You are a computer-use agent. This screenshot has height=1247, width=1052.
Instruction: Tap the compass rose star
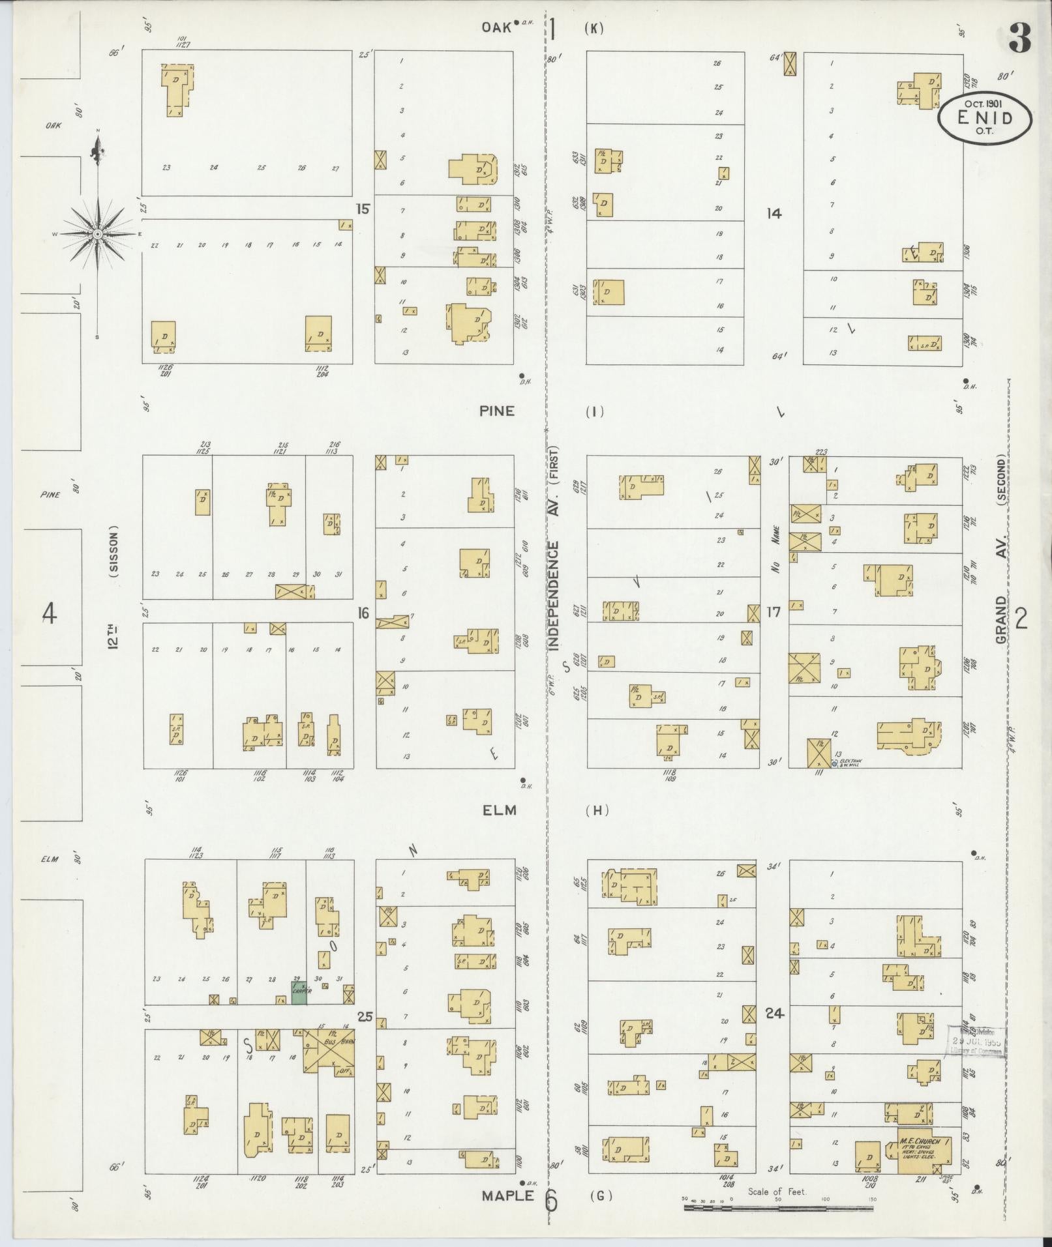[97, 233]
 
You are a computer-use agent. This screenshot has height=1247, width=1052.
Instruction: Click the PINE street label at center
[497, 411]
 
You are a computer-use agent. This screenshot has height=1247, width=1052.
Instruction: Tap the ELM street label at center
[500, 810]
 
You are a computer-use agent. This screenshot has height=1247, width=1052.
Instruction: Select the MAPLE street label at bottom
[507, 1196]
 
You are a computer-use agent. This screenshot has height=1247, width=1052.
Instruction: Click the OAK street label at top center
[496, 27]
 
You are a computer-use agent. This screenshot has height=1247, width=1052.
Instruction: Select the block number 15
[363, 209]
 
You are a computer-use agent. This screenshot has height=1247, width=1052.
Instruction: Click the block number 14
[774, 213]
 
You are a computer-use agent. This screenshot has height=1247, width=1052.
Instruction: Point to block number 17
[774, 612]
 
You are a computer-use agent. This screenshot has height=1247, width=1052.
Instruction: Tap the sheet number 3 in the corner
[1020, 39]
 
